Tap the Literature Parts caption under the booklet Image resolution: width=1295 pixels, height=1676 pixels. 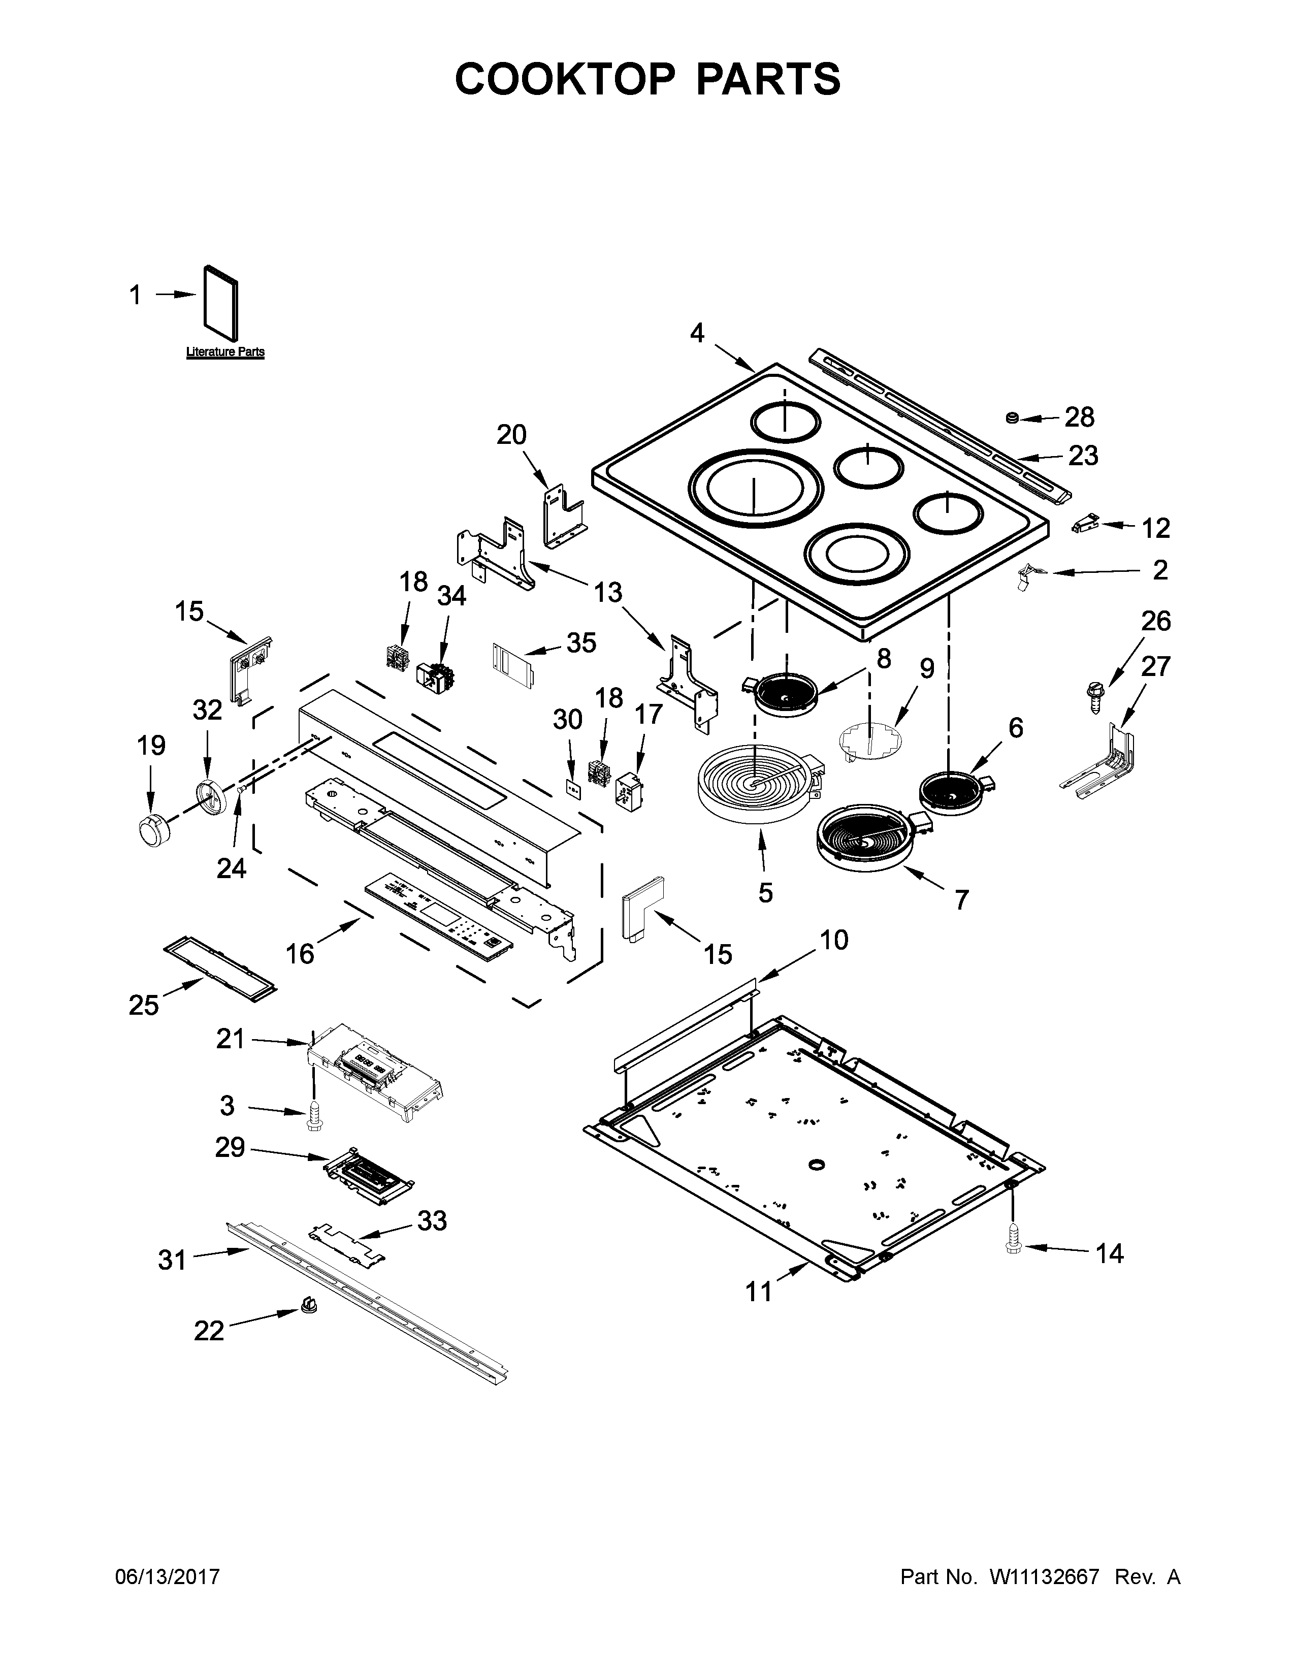(225, 352)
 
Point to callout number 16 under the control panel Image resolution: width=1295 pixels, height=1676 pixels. (300, 953)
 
